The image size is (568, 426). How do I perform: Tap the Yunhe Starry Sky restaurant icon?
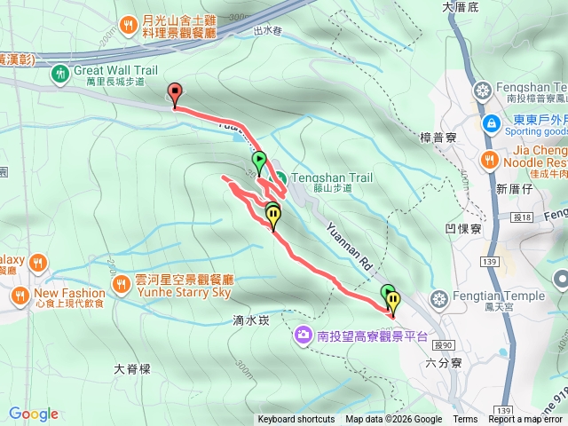pyautogui.click(x=122, y=285)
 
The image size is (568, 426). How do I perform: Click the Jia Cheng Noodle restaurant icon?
pyautogui.click(x=488, y=159)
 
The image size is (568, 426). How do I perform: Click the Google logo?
pyautogui.click(x=34, y=414)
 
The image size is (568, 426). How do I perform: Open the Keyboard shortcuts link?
pyautogui.click(x=296, y=420)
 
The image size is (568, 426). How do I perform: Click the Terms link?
pyautogui.click(x=465, y=420)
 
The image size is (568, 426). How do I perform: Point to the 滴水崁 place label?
pyautogui.click(x=251, y=320)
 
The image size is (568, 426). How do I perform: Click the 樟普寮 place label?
pyautogui.click(x=438, y=137)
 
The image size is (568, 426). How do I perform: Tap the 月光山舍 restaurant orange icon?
pyautogui.click(x=129, y=23)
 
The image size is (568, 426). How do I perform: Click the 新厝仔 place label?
pyautogui.click(x=513, y=189)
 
